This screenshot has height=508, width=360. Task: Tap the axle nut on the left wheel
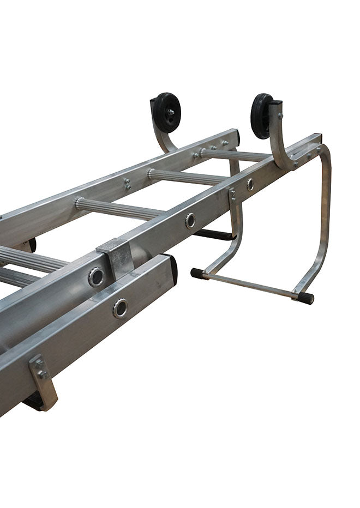(x=170, y=112)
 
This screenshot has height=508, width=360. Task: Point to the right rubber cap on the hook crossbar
(x=305, y=298)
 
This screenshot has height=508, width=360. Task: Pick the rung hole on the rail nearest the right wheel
(x=250, y=184)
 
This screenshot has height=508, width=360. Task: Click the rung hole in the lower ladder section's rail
(x=120, y=308)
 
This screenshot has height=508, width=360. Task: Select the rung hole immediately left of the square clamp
(x=97, y=276)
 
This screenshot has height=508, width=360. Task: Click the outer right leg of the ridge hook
(x=322, y=218)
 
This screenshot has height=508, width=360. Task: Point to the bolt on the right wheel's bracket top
(x=280, y=116)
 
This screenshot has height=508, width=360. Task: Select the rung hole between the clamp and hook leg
(x=190, y=220)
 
